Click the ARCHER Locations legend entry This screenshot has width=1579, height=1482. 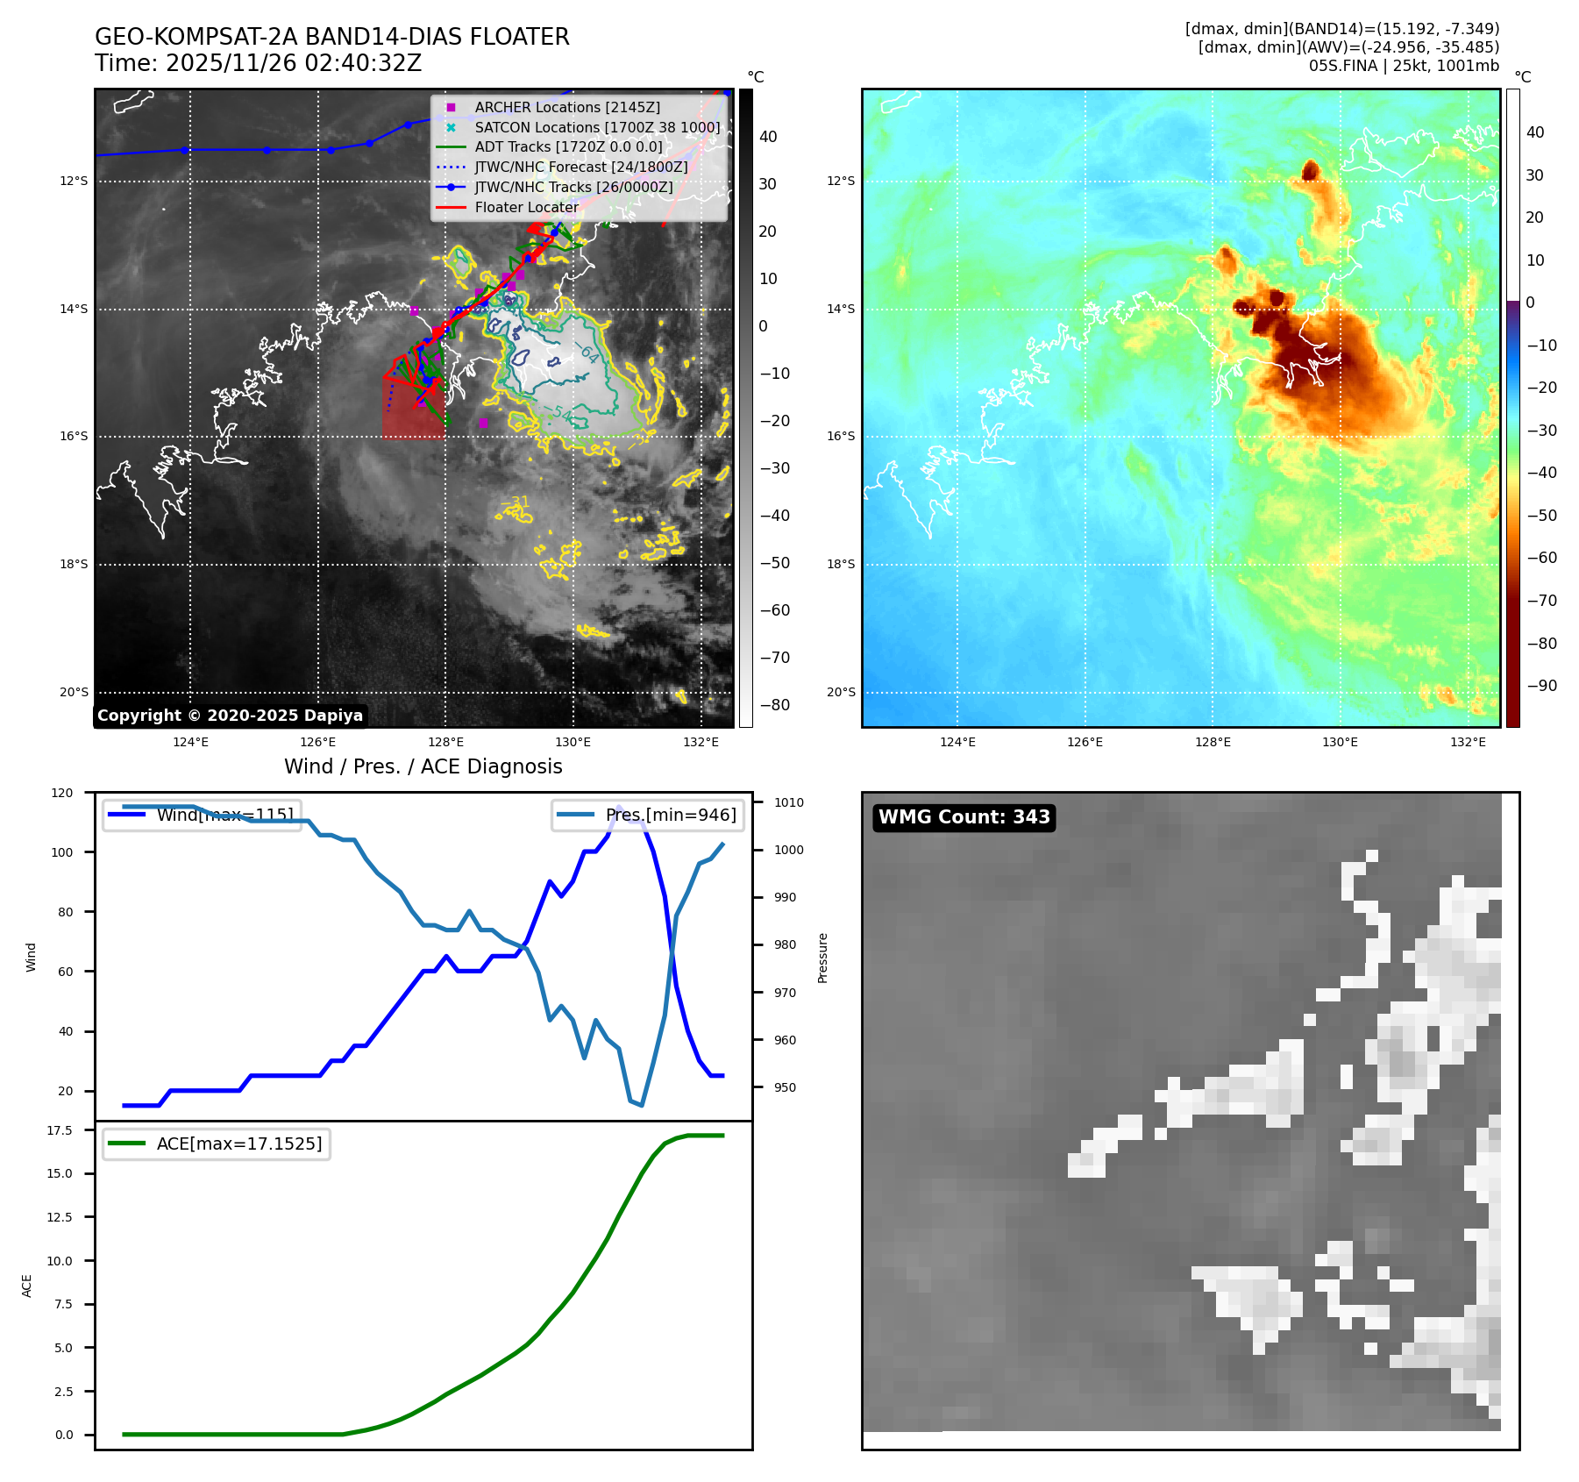point(567,107)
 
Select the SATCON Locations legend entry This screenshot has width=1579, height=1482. point(597,127)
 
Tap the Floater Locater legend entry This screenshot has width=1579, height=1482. point(526,208)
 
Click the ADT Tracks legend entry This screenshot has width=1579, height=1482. point(568,147)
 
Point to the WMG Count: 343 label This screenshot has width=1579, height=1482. point(964,817)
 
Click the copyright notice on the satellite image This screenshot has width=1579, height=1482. point(230,716)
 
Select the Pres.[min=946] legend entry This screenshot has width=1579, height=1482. point(671,815)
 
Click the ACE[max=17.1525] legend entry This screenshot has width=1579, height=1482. point(238,1144)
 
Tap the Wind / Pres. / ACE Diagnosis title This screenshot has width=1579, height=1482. point(423,766)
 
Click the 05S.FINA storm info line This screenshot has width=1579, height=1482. point(1404,66)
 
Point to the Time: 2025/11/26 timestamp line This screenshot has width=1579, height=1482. point(258,63)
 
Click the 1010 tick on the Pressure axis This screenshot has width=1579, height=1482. point(789,802)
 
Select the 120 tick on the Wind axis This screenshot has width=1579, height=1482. point(62,793)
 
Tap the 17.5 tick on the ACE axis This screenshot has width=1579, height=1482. point(60,1130)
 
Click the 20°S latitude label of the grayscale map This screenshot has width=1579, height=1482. point(74,693)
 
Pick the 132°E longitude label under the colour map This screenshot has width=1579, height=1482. point(1468,742)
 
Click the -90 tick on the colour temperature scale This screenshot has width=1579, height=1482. point(1541,686)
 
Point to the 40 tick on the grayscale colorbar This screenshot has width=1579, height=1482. point(768,137)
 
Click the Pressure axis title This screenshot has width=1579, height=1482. point(822,958)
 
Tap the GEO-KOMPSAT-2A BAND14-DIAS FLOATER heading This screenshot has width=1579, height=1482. point(331,37)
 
